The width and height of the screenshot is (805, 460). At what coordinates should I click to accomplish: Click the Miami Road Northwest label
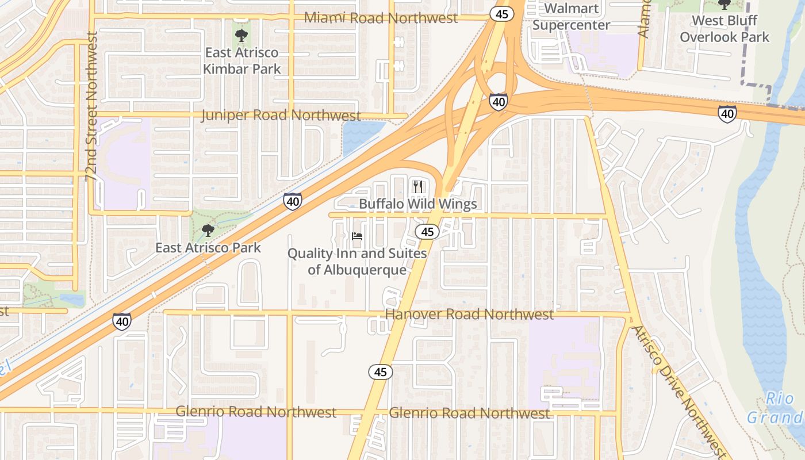click(x=381, y=18)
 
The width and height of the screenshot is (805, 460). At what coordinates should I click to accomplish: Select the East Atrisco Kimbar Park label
click(x=242, y=61)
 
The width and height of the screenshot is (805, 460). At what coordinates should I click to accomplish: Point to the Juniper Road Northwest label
click(x=281, y=115)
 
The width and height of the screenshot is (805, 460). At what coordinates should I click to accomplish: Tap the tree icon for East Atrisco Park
click(x=208, y=231)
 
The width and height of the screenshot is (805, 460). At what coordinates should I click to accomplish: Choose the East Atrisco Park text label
click(x=208, y=248)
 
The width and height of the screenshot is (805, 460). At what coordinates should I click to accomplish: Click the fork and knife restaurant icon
click(x=418, y=186)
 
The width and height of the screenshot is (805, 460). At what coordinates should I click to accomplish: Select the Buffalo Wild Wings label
click(x=418, y=204)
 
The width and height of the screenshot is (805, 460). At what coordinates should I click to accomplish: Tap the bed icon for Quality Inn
click(x=357, y=236)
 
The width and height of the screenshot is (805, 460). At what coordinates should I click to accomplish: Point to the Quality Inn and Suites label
click(x=357, y=261)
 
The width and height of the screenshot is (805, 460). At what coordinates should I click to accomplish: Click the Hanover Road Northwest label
click(x=469, y=314)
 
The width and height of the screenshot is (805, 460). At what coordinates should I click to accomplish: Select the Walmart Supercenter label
click(x=571, y=17)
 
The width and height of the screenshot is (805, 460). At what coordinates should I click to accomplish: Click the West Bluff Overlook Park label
click(x=724, y=29)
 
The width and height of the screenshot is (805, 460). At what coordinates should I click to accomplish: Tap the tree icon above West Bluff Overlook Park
click(x=724, y=5)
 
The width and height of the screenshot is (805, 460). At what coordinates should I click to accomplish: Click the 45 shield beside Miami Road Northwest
click(x=501, y=14)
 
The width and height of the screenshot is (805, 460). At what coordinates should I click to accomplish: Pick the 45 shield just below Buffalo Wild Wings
click(x=427, y=232)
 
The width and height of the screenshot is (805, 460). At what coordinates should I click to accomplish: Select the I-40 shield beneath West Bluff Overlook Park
click(x=727, y=114)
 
